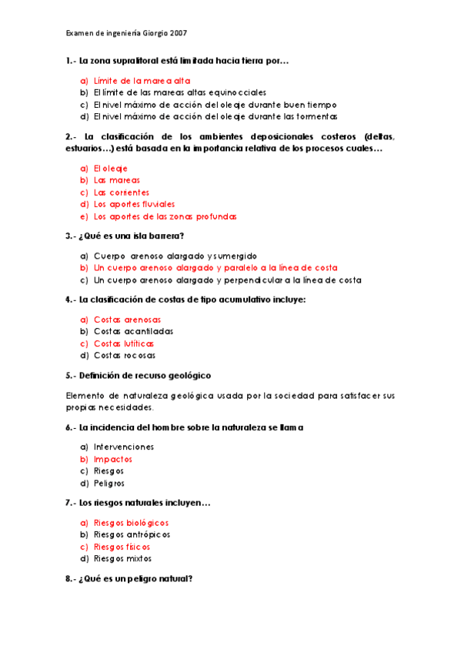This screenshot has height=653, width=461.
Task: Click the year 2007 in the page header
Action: pyautogui.click(x=176, y=34)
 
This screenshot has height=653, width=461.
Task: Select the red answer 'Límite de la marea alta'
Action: pyautogui.click(x=142, y=80)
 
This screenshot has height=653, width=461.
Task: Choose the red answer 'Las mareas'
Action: pyautogui.click(x=117, y=180)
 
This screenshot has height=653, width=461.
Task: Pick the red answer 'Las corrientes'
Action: pyautogui.click(x=121, y=193)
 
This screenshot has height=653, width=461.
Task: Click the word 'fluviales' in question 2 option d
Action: pyautogui.click(x=157, y=205)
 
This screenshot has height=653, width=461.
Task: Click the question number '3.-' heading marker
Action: pyautogui.click(x=71, y=236)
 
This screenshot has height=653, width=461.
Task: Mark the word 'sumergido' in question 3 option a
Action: pyautogui.click(x=234, y=256)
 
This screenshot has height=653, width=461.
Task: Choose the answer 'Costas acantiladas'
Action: pyautogui.click(x=133, y=331)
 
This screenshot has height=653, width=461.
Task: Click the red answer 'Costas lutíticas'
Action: pyautogui.click(x=124, y=343)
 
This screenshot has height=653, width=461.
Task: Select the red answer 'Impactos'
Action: pyautogui.click(x=113, y=459)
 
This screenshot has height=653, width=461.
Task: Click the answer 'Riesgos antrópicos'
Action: pyautogui.click(x=132, y=534)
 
